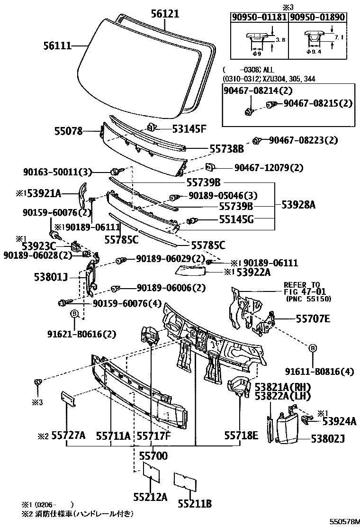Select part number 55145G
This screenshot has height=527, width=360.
[236, 219]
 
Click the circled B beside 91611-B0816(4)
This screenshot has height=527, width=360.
[312, 348]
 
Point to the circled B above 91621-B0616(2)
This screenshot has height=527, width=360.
[74, 313]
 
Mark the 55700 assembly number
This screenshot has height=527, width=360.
[153, 456]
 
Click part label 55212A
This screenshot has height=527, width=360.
[150, 497]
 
